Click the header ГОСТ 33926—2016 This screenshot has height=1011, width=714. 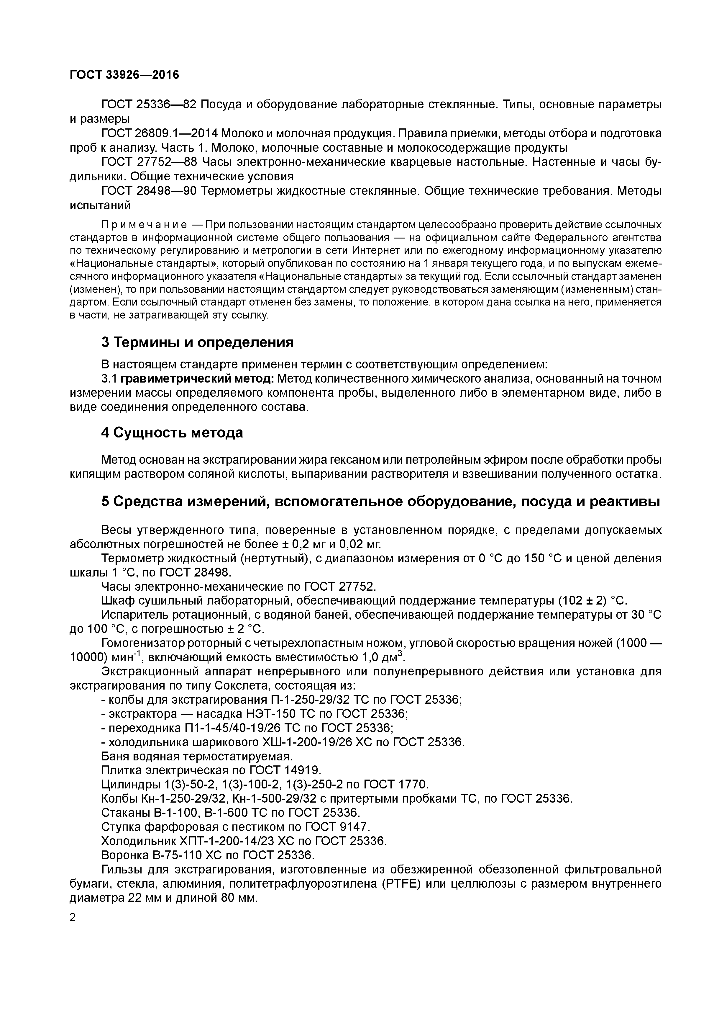124,75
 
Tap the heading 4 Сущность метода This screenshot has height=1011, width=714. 172,433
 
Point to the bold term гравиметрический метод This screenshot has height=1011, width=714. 198,379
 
